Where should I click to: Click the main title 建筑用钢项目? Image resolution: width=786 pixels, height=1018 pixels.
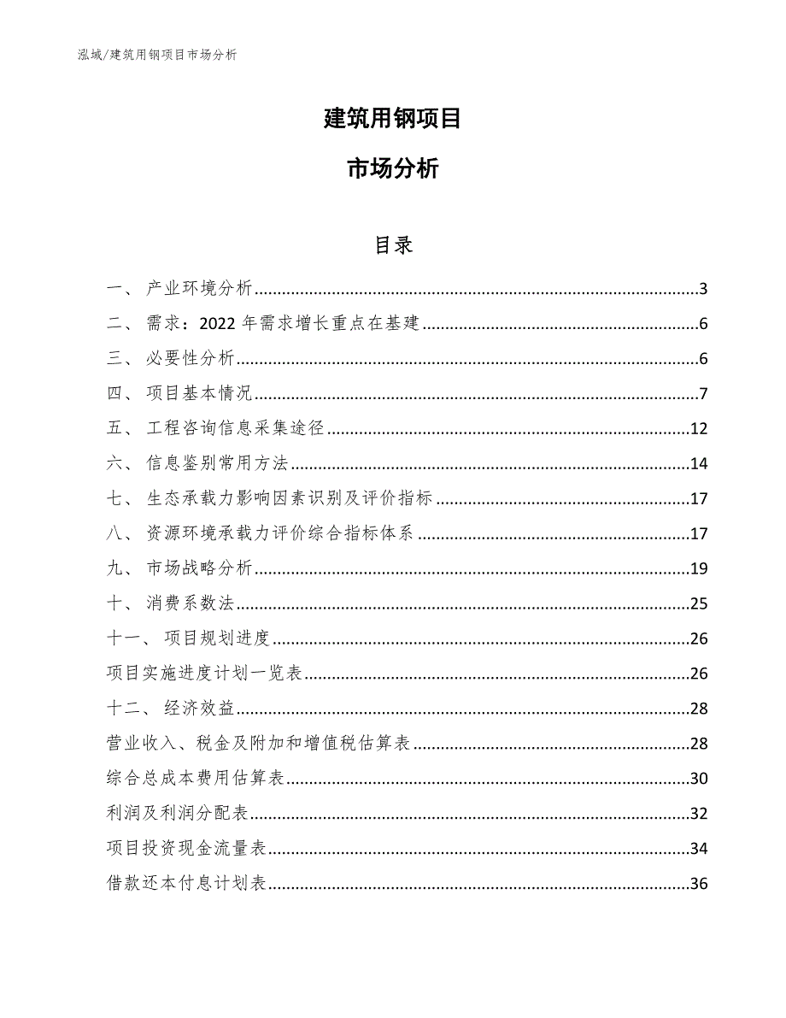point(393,119)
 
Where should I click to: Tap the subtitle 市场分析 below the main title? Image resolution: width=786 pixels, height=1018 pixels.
point(393,169)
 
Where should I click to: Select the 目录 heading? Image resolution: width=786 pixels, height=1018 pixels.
point(393,245)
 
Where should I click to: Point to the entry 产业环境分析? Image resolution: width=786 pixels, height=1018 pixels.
point(199,289)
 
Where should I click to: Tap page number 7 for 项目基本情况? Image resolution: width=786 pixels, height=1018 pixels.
point(703,394)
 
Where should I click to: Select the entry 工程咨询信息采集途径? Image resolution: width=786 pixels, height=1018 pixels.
point(235,429)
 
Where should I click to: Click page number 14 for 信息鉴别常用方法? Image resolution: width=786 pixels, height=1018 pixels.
point(699,464)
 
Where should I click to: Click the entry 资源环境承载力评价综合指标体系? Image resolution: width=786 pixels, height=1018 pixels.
point(280,534)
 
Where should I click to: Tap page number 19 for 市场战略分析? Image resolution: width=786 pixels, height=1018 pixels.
point(699,569)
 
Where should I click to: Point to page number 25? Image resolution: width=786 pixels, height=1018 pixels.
point(699,604)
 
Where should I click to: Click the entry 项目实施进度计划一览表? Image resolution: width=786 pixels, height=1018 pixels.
point(204,674)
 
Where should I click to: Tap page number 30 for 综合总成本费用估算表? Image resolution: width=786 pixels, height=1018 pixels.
point(699,779)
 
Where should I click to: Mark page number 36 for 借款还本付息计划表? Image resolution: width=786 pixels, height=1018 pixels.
point(699,884)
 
